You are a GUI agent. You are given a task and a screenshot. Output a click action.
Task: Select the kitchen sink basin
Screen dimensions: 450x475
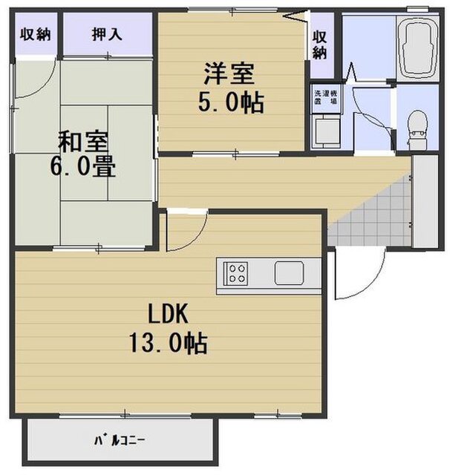coord(289,273)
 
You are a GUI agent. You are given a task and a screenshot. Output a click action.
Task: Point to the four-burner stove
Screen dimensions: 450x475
coord(235,274)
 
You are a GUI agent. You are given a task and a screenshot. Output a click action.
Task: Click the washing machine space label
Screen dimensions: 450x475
coord(325,97)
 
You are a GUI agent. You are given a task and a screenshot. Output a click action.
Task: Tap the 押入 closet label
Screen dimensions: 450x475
coord(107,34)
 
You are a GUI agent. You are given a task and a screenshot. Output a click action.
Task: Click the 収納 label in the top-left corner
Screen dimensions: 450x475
coord(35,34)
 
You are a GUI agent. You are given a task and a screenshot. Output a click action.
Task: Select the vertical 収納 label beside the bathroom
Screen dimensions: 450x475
coord(319,45)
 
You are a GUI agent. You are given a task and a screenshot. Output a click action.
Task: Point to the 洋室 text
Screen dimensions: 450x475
coord(229,73)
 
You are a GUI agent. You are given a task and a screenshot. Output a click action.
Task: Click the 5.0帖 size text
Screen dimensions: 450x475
coord(231,102)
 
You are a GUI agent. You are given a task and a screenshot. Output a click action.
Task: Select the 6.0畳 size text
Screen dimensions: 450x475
coord(82,166)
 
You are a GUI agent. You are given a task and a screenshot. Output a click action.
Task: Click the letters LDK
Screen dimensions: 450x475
coord(168,314)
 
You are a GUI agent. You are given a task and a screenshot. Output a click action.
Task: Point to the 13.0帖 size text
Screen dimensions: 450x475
coord(168,343)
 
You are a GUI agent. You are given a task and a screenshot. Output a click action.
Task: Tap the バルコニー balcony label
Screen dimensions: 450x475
coord(119,440)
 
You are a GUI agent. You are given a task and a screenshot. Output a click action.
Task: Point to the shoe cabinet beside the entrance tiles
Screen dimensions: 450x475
coord(425,201)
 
